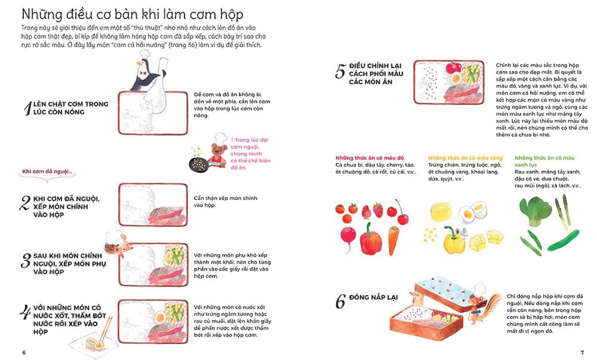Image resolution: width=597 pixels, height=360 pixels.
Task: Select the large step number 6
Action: click(340, 302)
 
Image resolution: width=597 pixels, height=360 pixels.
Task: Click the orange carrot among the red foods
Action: click(393, 239)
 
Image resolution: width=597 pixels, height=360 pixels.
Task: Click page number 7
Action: click(582, 350)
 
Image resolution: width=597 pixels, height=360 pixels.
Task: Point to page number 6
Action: click(23, 351)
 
